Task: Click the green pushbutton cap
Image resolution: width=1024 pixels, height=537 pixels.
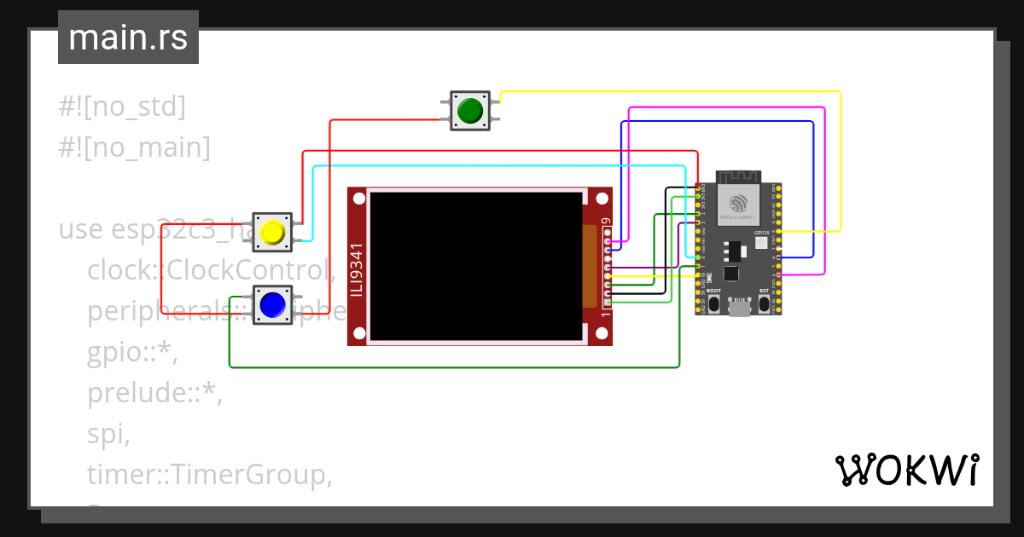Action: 469,111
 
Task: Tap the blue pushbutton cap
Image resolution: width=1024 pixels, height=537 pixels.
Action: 272,304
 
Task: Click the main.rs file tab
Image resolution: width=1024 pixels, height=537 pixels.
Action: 128,38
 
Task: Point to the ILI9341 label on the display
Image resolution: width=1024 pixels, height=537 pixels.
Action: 358,270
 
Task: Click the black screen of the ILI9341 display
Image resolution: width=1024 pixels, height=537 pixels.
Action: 474,266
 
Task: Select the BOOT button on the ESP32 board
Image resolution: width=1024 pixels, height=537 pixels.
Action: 713,303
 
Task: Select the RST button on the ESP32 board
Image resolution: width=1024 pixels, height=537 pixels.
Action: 764,303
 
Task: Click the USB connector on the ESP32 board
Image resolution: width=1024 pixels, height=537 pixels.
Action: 739,309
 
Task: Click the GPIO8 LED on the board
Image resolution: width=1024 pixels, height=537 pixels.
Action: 761,243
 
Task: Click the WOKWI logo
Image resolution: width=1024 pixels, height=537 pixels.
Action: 906,470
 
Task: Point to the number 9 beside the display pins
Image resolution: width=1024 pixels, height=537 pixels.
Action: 607,222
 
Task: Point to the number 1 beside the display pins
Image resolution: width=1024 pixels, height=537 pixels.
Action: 607,313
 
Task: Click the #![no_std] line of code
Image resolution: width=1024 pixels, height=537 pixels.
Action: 122,107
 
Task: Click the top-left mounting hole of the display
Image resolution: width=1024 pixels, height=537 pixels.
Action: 359,199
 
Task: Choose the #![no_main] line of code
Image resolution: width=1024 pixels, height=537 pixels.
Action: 134,147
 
